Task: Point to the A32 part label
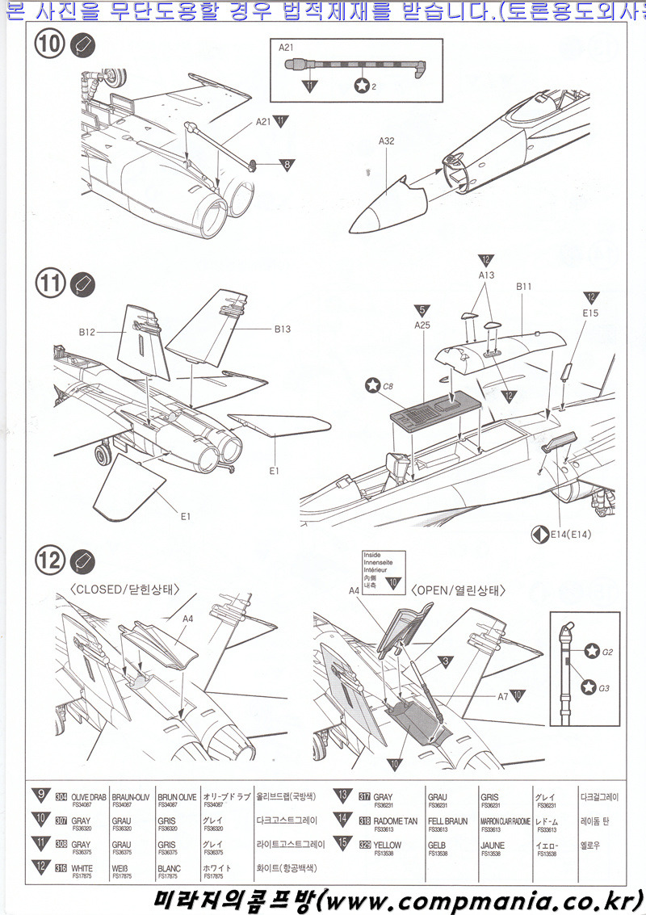(x=386, y=141)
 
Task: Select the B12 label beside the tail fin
(x=87, y=331)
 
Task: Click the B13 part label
(x=282, y=329)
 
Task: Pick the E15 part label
(x=590, y=313)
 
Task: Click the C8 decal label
(x=388, y=386)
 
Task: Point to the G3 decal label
(x=608, y=687)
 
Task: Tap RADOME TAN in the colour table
(x=396, y=821)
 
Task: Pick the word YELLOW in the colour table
(x=388, y=845)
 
